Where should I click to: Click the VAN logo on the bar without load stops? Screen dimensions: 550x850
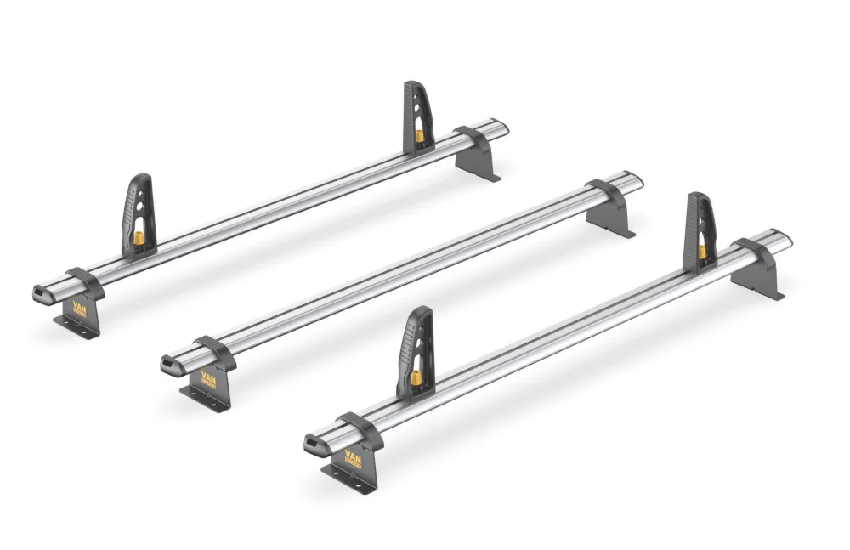[x=208, y=377]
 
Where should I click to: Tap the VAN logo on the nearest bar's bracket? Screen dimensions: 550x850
[x=352, y=456]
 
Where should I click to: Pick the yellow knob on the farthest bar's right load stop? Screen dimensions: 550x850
[x=419, y=135]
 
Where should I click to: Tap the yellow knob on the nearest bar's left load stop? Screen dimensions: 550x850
[x=416, y=376]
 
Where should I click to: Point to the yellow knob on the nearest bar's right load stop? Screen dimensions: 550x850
[x=702, y=251]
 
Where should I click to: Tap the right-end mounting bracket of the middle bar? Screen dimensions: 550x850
[x=611, y=209]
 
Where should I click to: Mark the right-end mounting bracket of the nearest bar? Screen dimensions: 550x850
[x=756, y=269]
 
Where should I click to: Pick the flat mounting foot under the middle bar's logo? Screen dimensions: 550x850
[x=204, y=399]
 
